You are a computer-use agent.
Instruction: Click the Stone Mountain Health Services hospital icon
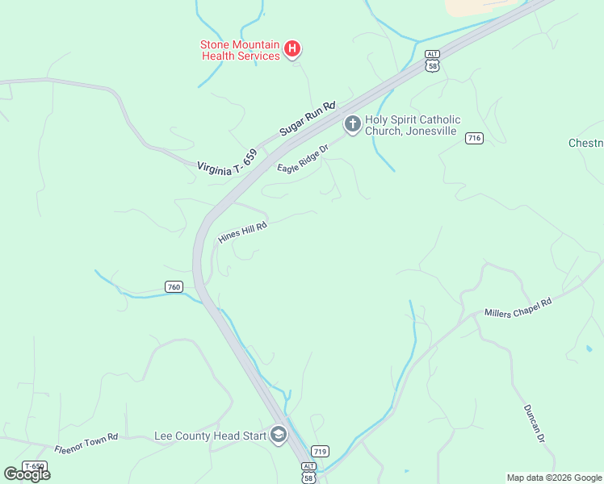(292, 50)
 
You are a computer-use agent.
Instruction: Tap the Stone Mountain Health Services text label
(240, 50)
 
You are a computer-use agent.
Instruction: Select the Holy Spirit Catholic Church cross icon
(352, 124)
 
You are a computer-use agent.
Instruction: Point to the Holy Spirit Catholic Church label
(411, 125)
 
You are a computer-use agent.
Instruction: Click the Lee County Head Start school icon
(278, 436)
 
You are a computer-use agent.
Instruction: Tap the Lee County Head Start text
(210, 436)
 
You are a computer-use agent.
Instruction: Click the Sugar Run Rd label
(308, 118)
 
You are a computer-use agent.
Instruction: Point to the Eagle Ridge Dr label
(304, 158)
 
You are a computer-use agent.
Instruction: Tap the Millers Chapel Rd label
(518, 307)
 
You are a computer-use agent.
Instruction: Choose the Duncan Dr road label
(535, 423)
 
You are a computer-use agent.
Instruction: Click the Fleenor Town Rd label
(86, 442)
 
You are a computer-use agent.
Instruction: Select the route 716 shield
(474, 139)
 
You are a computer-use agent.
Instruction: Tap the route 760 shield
(174, 286)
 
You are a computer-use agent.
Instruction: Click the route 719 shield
(321, 452)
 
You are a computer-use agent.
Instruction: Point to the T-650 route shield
(35, 466)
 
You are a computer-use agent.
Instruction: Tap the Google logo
(27, 474)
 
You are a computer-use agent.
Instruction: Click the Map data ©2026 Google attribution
(555, 478)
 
